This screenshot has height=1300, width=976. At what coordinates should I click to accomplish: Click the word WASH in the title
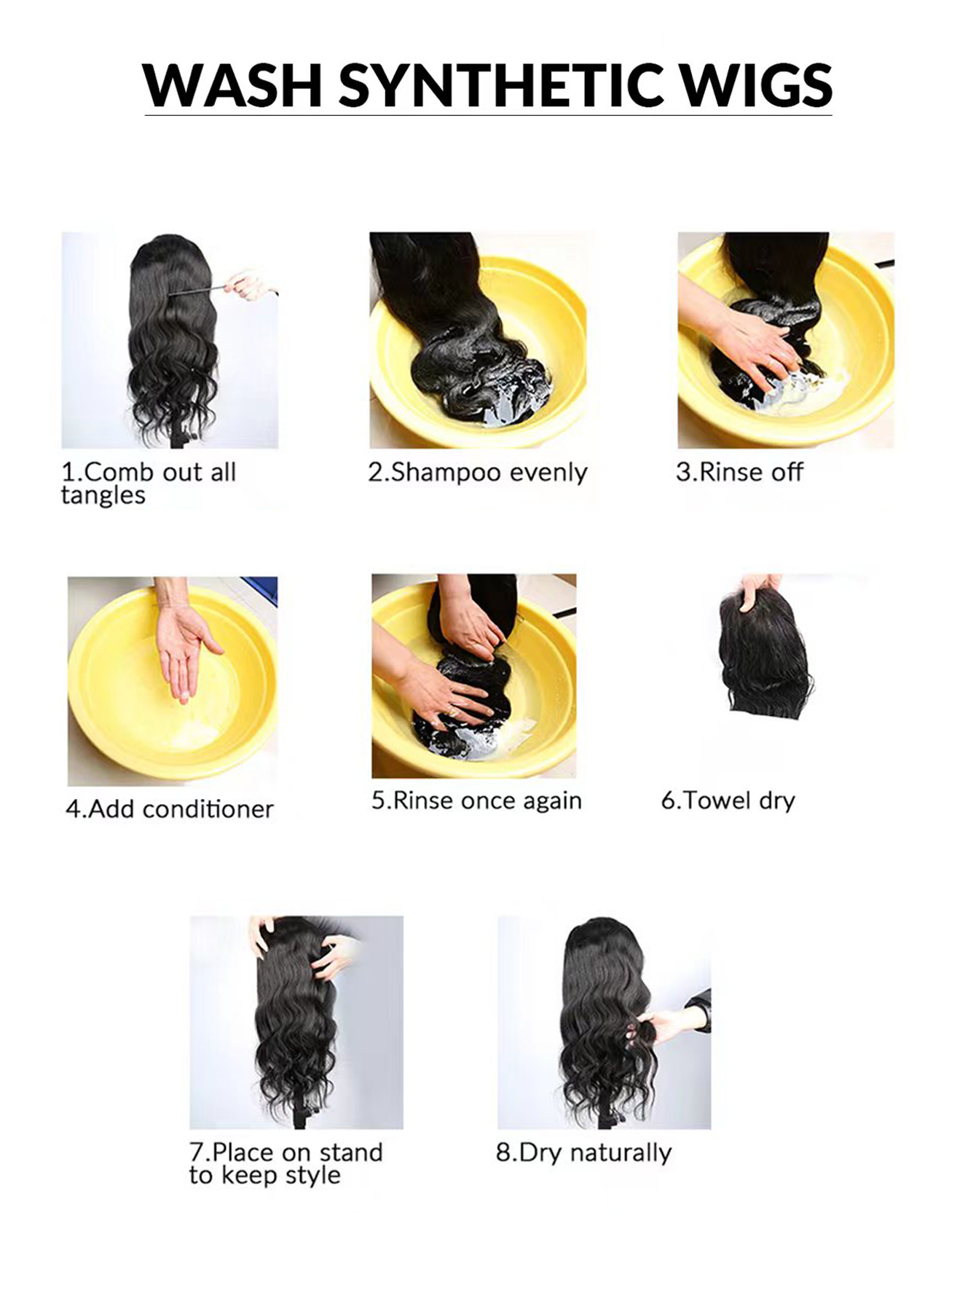tap(232, 85)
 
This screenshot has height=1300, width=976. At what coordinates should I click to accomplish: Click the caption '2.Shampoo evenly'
tap(477, 473)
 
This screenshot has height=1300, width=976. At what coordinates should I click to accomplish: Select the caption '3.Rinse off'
tap(739, 473)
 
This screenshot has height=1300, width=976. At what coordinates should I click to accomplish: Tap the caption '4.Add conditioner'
tap(170, 809)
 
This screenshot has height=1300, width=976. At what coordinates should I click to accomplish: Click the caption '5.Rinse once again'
tap(476, 800)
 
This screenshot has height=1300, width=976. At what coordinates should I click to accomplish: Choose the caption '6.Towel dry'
tap(728, 800)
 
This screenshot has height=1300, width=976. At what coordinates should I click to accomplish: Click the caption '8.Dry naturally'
tap(583, 1153)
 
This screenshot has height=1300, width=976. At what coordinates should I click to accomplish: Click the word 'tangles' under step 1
tap(103, 496)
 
